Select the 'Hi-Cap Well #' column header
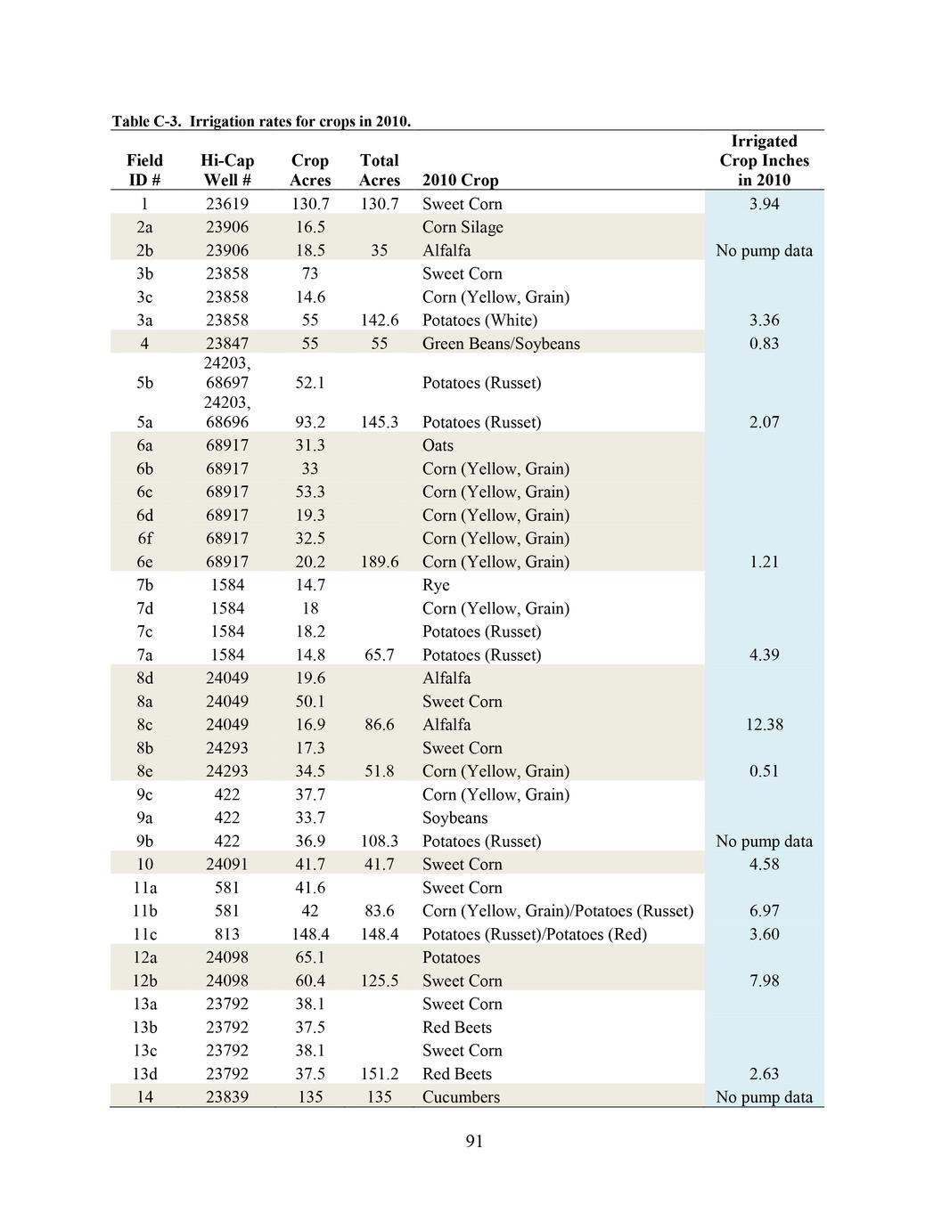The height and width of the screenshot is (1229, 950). (x=227, y=170)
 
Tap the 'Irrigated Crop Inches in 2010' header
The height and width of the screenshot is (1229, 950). (x=764, y=160)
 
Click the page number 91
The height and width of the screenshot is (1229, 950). (x=474, y=1142)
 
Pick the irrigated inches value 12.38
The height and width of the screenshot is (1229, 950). (x=764, y=725)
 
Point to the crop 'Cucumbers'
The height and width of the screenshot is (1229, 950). (x=461, y=1097)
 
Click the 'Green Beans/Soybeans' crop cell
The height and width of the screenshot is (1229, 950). (x=501, y=344)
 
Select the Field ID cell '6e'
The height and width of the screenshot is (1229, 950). (x=144, y=562)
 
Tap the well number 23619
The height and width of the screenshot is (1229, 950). (x=227, y=204)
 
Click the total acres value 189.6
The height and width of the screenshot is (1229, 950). (x=379, y=562)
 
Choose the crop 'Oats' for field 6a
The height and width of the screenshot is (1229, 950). (x=438, y=445)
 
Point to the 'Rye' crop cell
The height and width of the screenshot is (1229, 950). (x=436, y=585)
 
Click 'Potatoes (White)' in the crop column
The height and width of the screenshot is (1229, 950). (x=479, y=321)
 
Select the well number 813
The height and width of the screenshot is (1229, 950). (x=227, y=934)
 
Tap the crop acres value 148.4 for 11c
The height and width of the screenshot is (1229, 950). (x=310, y=934)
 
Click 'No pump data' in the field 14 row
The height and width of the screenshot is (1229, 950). (x=764, y=1097)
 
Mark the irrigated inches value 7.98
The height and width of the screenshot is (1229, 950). (x=764, y=981)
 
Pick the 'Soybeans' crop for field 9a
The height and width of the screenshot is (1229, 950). (x=455, y=818)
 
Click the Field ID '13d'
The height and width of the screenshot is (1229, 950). (x=144, y=1074)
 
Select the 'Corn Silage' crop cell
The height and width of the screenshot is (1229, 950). (x=463, y=227)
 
